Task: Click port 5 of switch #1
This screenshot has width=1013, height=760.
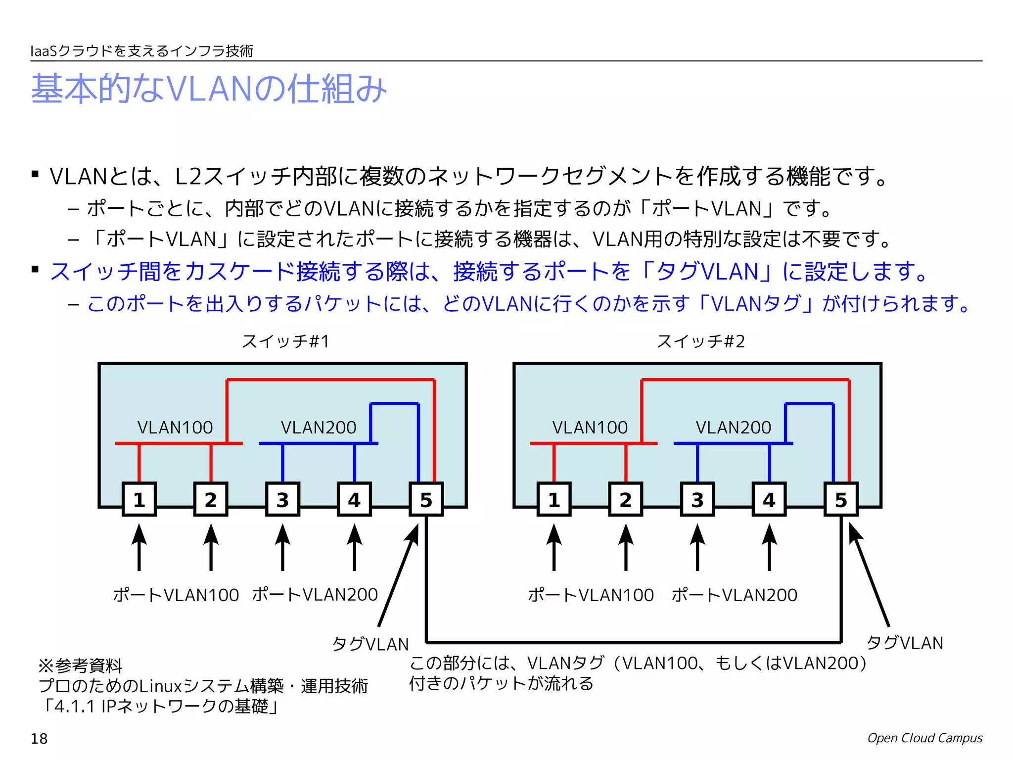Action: click(x=426, y=499)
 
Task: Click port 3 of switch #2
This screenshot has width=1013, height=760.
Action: click(x=697, y=499)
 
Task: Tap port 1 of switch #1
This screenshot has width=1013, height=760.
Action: click(x=139, y=499)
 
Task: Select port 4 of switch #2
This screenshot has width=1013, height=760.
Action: click(x=769, y=499)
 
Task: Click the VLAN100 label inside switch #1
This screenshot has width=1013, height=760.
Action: click(x=175, y=427)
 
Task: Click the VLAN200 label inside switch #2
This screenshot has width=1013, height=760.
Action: click(x=734, y=427)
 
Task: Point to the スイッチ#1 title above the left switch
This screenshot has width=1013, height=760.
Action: click(x=285, y=341)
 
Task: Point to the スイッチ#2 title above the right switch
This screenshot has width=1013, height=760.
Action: click(x=700, y=341)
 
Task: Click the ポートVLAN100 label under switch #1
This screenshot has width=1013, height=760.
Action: click(x=176, y=594)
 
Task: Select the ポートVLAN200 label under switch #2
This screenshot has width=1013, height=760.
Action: click(x=735, y=594)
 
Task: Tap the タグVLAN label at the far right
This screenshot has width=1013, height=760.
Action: click(x=905, y=642)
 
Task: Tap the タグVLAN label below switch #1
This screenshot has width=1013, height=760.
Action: click(x=370, y=644)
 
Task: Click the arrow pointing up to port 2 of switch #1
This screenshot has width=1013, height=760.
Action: click(x=211, y=547)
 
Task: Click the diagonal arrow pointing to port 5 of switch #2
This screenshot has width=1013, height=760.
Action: click(x=869, y=574)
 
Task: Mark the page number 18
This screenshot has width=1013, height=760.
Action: click(x=39, y=739)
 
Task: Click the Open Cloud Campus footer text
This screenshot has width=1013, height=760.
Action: click(x=924, y=738)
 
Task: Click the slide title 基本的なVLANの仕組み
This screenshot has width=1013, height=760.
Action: click(x=209, y=89)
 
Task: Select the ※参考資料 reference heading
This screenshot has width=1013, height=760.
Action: click(x=81, y=665)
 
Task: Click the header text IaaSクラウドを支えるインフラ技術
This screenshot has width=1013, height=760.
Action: click(x=142, y=51)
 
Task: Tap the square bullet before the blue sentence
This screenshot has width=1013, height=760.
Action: click(x=35, y=270)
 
